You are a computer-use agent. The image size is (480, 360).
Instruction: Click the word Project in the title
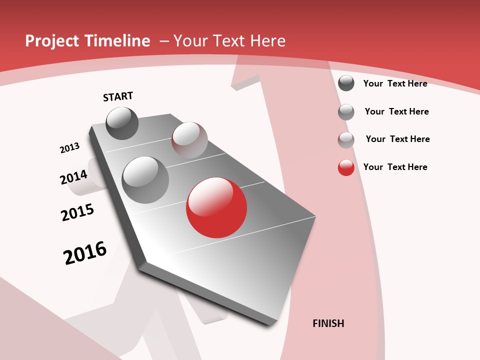(49, 41)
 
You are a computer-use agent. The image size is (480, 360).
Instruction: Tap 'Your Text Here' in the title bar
(229, 41)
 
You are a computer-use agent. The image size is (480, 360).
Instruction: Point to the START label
(118, 96)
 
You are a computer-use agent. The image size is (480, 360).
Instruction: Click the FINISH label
(328, 323)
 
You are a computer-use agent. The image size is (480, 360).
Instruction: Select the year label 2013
(69, 148)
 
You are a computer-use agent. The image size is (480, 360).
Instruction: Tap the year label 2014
(73, 177)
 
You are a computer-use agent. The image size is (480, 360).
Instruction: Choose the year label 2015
(77, 212)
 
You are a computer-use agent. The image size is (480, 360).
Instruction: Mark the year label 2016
(85, 253)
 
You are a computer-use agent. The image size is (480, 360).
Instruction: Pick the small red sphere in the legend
(346, 167)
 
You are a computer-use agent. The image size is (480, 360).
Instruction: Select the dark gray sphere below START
(122, 123)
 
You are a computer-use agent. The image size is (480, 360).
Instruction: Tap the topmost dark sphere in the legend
(346, 83)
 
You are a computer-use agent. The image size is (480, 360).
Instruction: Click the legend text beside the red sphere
(395, 167)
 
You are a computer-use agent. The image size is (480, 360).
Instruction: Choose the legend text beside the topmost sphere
(395, 83)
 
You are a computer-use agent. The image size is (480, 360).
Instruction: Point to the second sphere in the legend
(346, 112)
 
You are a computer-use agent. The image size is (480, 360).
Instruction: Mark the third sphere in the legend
(346, 140)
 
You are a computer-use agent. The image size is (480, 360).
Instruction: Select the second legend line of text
(396, 111)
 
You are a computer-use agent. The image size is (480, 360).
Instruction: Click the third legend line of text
(397, 139)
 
